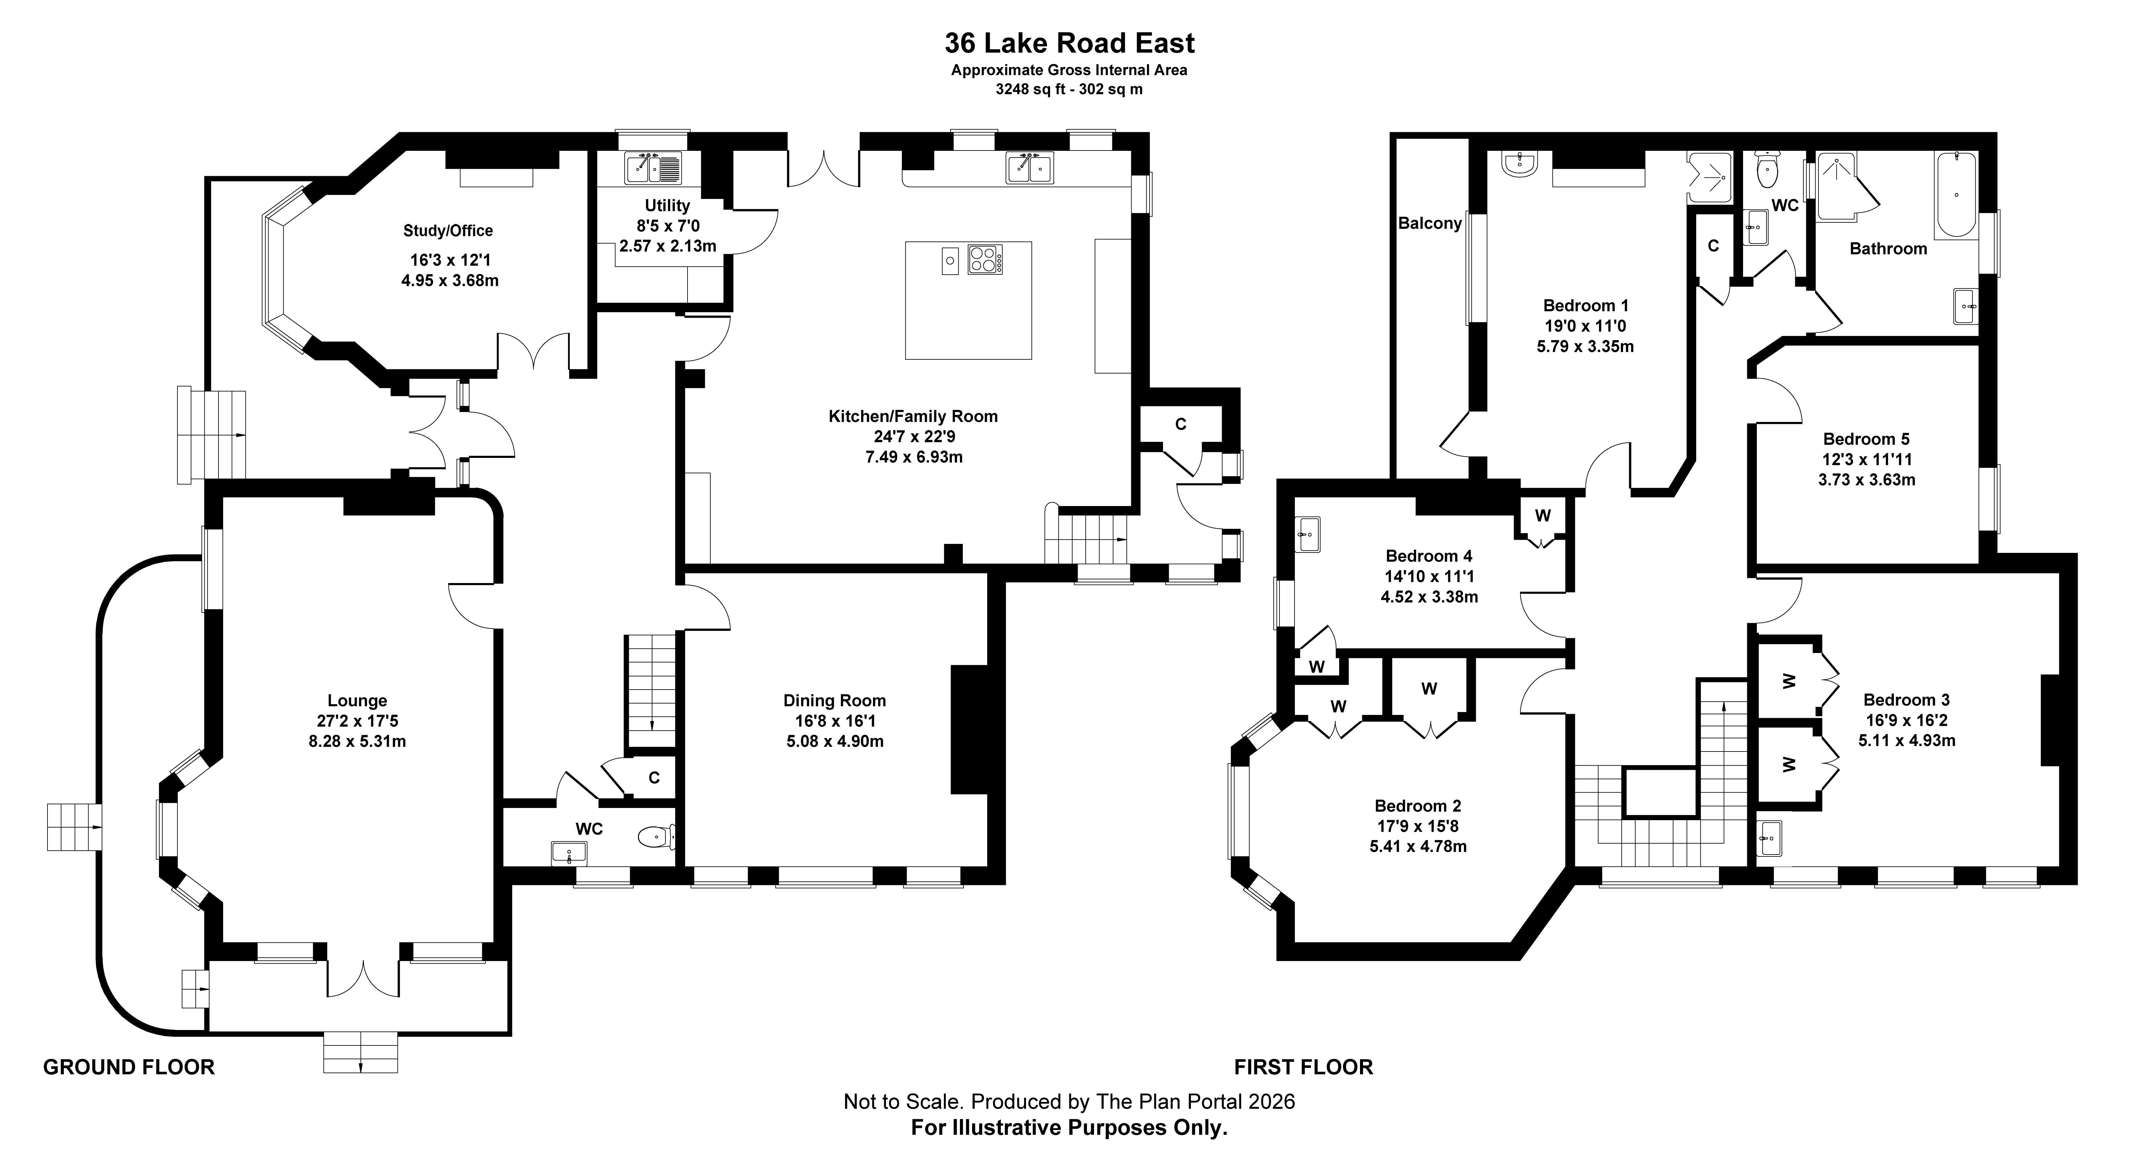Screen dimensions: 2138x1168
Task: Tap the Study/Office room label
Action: click(x=448, y=231)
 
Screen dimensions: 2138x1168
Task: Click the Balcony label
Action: click(x=1429, y=223)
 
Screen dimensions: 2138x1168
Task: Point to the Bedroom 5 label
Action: click(x=1866, y=439)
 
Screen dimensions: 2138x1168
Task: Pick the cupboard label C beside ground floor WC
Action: click(x=654, y=778)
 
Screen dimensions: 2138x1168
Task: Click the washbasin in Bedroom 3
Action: click(x=1769, y=838)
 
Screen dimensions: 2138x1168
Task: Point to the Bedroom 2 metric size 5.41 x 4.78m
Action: click(x=1418, y=847)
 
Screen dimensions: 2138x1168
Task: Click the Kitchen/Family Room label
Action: click(x=913, y=416)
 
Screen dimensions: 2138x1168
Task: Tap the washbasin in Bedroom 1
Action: click(x=1520, y=164)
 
